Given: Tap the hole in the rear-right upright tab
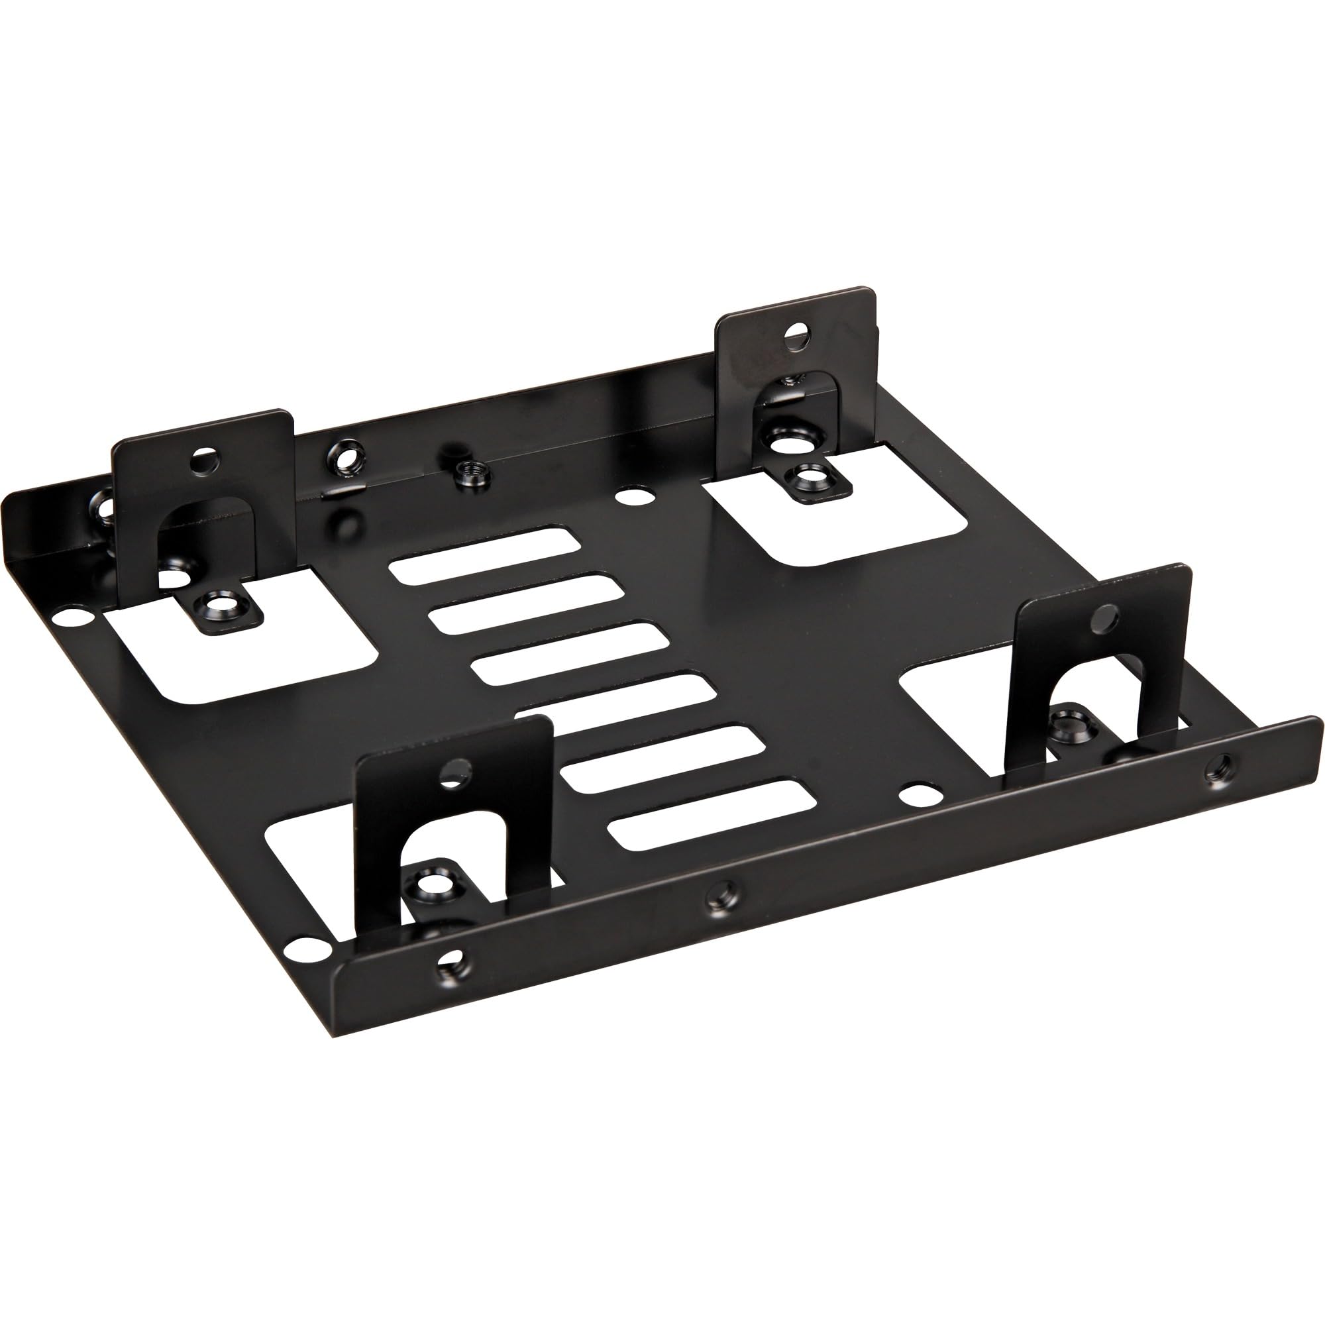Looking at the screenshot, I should [x=796, y=336].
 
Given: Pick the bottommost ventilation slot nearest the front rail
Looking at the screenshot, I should [x=713, y=815].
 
